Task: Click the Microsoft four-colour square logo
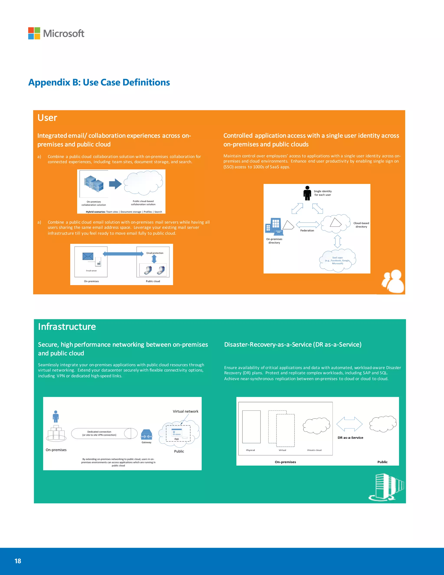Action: pyautogui.click(x=34, y=33)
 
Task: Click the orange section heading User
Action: pyautogui.click(x=47, y=118)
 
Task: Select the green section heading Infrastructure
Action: pyautogui.click(x=67, y=327)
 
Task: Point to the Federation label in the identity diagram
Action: pyautogui.click(x=307, y=230)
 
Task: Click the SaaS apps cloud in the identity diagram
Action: pyautogui.click(x=338, y=260)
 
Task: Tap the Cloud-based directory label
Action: pyautogui.click(x=361, y=225)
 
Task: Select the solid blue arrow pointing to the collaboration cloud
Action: pyautogui.click(x=115, y=184)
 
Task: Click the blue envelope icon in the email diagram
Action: pyautogui.click(x=88, y=256)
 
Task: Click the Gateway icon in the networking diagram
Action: pyautogui.click(x=147, y=435)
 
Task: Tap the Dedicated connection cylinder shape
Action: pyautogui.click(x=104, y=433)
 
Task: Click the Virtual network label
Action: pyautogui.click(x=185, y=411)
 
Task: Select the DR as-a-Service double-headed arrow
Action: pyautogui.click(x=349, y=424)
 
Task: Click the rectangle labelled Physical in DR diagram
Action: pyautogui.click(x=251, y=427)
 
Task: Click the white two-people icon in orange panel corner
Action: pyautogui.click(x=393, y=281)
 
